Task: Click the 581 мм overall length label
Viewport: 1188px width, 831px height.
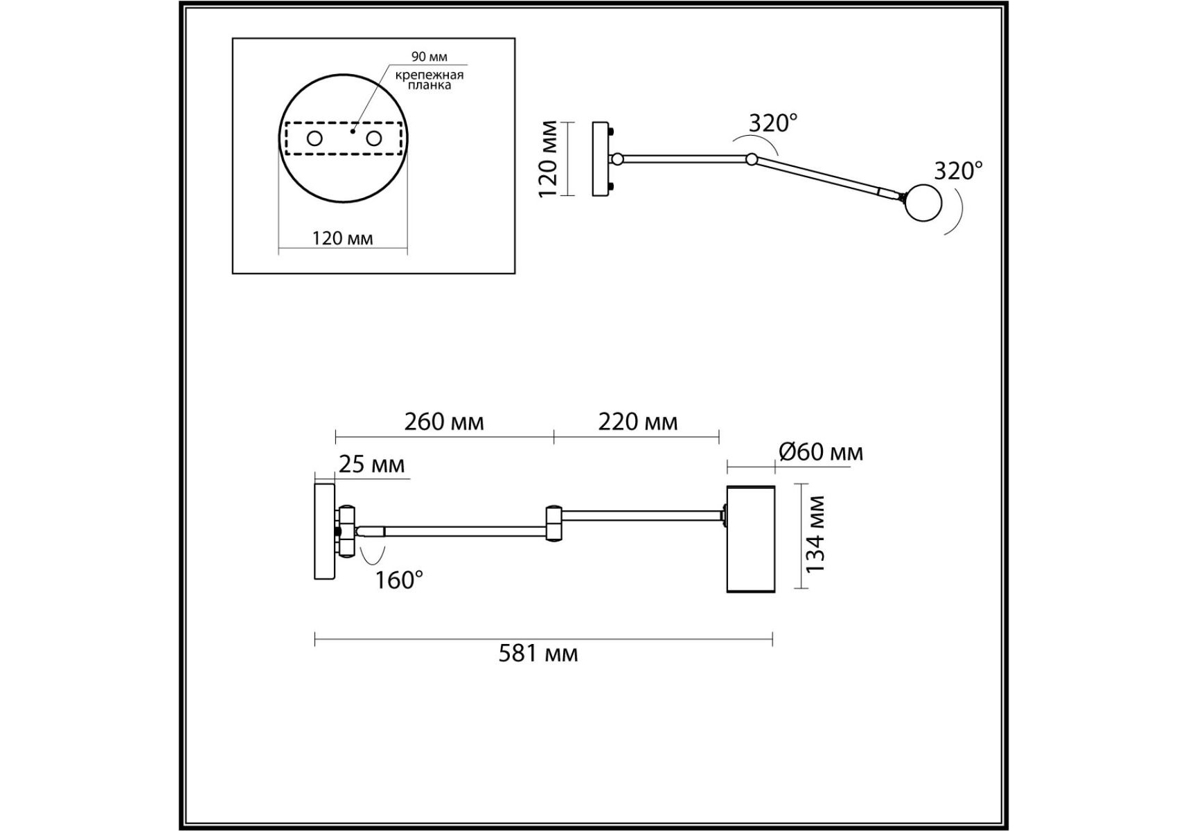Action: tap(538, 654)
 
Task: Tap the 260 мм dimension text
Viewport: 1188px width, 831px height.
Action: tap(444, 422)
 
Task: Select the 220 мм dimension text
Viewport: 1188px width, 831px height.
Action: tap(638, 422)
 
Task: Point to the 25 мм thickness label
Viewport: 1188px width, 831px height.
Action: tap(372, 464)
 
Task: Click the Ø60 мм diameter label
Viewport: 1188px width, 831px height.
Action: tap(822, 452)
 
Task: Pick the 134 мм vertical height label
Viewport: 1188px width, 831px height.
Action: tap(817, 534)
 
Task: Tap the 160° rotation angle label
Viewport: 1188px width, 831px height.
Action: tap(399, 580)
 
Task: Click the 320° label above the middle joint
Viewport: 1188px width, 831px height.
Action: tap(773, 123)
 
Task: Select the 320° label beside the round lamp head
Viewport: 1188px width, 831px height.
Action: tap(959, 170)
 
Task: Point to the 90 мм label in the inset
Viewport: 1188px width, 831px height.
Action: tap(429, 57)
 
